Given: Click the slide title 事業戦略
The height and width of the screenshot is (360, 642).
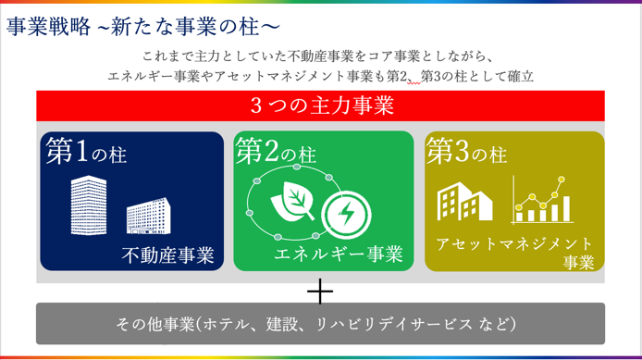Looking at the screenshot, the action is tap(48, 27).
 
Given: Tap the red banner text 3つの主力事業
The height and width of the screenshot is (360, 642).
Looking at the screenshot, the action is tap(322, 106).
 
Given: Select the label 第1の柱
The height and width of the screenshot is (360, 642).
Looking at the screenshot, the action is tap(86, 151).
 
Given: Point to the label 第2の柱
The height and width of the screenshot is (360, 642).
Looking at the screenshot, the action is tap(276, 151).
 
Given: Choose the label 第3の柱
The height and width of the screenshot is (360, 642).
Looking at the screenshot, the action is tap(466, 151).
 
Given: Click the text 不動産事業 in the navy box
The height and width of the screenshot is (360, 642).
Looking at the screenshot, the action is tap(167, 254).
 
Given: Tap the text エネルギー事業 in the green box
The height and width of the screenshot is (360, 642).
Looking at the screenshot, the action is tap(339, 254).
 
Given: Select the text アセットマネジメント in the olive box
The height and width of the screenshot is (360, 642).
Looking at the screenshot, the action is tap(514, 244).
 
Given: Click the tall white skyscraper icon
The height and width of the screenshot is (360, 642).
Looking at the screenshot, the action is tap(89, 205).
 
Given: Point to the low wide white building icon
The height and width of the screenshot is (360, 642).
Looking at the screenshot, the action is tap(149, 216).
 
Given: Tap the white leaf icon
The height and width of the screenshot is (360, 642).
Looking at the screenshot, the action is tap(292, 200).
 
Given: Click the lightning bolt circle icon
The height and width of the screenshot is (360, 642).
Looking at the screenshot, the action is tap(346, 215).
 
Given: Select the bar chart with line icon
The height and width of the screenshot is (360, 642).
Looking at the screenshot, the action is tap(542, 200).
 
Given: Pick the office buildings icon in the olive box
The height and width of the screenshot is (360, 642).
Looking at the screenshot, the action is tap(464, 201).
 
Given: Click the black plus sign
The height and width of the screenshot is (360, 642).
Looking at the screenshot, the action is tap(320, 292).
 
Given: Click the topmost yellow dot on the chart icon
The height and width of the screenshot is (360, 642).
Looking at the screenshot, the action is tap(562, 180).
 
